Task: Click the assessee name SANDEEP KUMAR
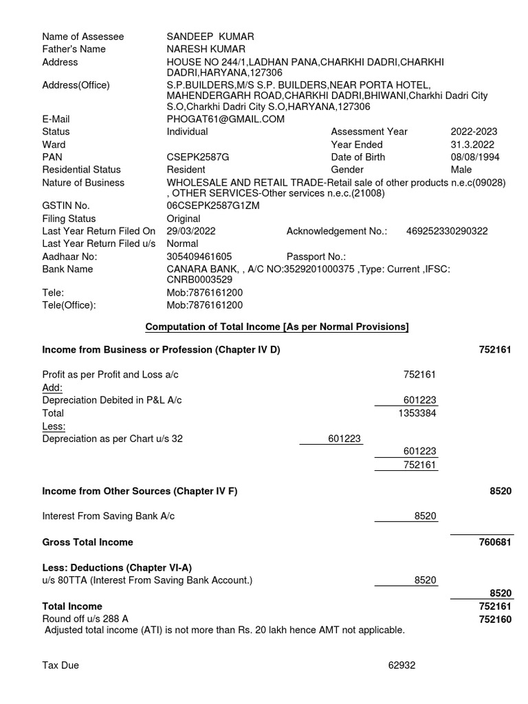(x=206, y=36)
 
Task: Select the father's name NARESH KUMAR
(x=206, y=49)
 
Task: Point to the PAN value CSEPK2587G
(x=198, y=157)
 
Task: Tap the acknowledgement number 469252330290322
(x=447, y=231)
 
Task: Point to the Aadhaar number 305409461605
(x=199, y=256)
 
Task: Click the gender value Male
(x=461, y=170)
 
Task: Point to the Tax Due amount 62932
(x=401, y=665)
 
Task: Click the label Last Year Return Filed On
(x=99, y=231)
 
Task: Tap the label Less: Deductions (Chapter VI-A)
(x=117, y=568)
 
